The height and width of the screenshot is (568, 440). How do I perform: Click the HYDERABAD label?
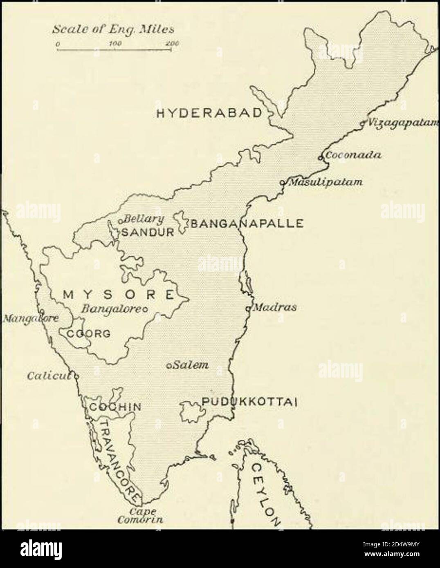click(209, 113)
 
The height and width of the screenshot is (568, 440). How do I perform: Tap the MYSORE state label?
click(119, 294)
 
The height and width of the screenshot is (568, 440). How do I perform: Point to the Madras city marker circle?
click(248, 309)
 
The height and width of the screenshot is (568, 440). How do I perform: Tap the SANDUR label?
click(148, 233)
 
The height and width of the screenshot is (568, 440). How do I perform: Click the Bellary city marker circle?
click(121, 221)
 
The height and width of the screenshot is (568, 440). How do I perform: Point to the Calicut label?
click(49, 376)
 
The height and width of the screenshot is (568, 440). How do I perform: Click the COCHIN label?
click(115, 407)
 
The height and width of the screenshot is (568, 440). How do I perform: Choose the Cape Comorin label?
click(140, 516)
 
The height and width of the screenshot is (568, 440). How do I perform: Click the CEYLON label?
click(265, 494)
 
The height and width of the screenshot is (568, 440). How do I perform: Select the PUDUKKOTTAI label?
click(249, 403)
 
